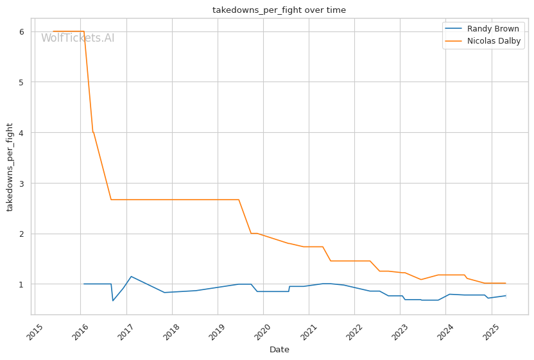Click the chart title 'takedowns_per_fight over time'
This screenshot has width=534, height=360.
point(279,10)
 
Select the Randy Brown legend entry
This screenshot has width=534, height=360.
point(482,29)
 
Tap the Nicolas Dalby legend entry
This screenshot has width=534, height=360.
point(483,41)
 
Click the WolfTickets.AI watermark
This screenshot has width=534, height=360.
point(78,38)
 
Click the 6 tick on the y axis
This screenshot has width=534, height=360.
point(22,31)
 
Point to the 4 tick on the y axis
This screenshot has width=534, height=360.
point(22,132)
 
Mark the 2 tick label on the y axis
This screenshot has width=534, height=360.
point(22,234)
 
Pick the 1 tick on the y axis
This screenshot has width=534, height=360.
point(22,284)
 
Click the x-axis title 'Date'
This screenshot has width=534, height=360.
point(279,350)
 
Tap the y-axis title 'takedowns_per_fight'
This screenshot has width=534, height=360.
point(10,167)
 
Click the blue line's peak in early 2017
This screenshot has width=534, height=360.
point(132,277)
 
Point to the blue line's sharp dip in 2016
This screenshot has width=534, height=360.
point(113,300)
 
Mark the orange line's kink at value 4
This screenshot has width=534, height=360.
point(92,132)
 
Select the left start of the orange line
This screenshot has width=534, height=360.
point(53,31)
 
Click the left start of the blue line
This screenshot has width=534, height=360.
point(84,284)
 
